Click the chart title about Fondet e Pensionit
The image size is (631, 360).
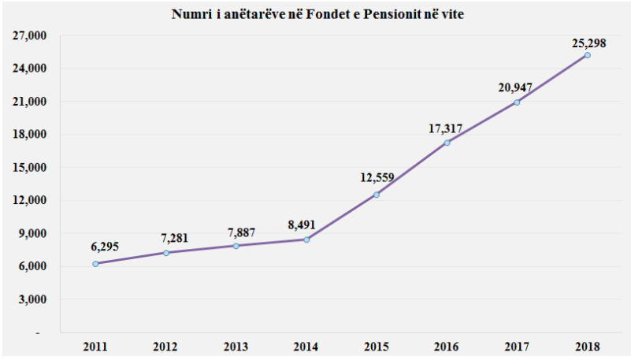315,15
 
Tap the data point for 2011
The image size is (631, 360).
95,264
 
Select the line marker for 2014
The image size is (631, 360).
306,239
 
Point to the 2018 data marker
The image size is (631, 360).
588,55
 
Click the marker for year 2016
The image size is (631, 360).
447,143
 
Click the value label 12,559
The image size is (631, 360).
377,178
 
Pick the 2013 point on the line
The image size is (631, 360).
236,246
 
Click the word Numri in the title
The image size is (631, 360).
191,15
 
